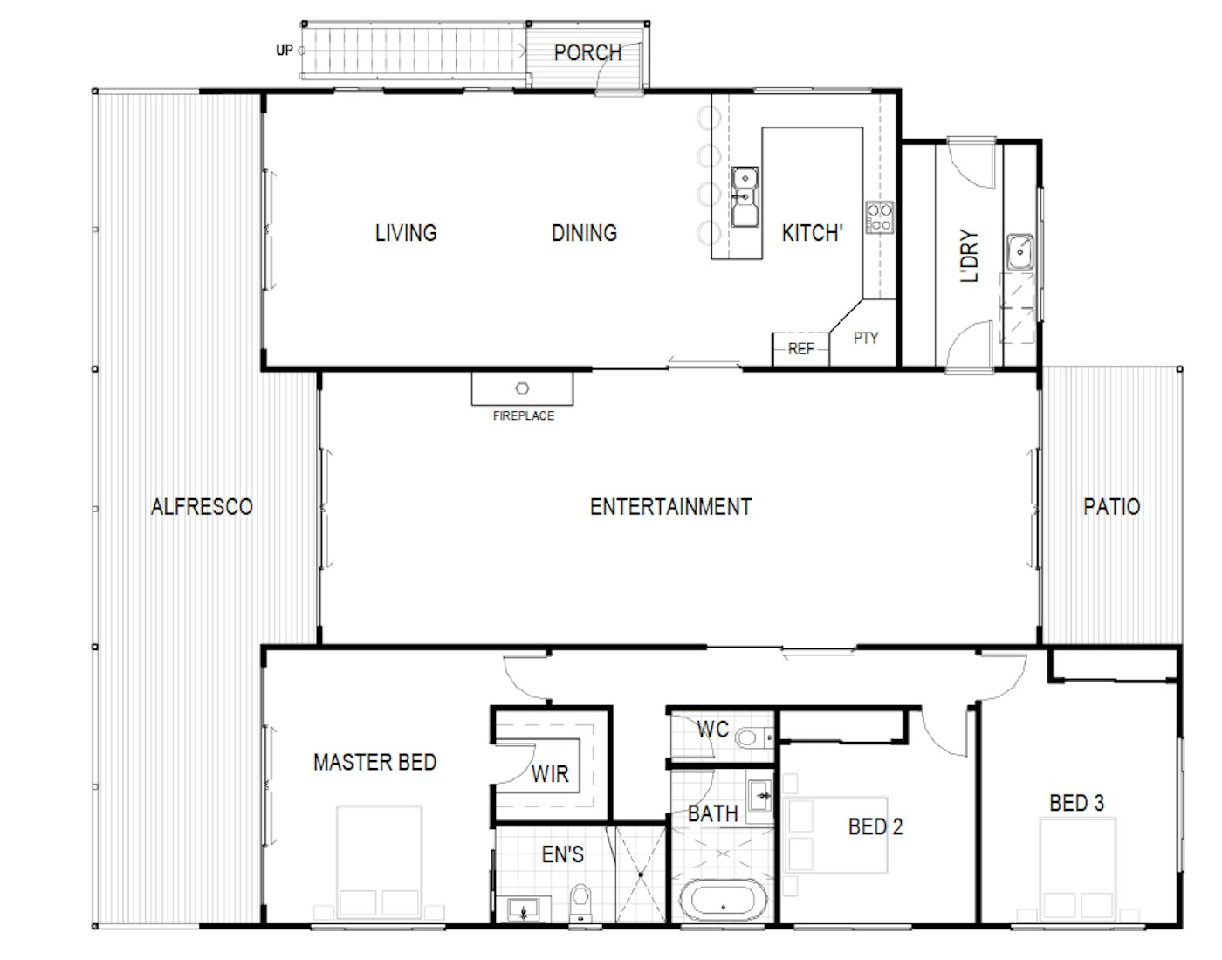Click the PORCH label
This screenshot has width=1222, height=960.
[587, 53]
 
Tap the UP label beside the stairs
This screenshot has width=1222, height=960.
[285, 51]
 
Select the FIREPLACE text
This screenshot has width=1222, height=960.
[524, 416]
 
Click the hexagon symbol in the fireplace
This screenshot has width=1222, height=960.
[523, 388]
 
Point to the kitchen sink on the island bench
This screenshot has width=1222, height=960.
[745, 196]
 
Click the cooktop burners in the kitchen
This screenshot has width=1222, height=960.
[880, 217]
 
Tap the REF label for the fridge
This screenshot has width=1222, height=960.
[800, 349]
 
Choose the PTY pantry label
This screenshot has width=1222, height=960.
[866, 339]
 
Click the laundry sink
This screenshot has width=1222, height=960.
[1019, 252]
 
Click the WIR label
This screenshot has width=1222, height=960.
[550, 774]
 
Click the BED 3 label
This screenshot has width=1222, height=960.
[1077, 803]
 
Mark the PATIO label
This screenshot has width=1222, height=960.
[1112, 507]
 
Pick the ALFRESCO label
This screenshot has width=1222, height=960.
[202, 507]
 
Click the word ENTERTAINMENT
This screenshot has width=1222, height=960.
[671, 507]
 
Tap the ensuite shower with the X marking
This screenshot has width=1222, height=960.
[641, 874]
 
